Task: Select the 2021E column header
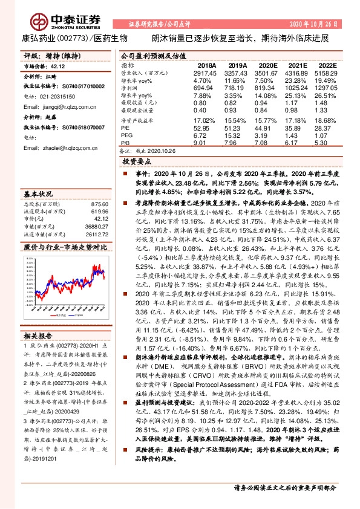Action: tap(298, 65)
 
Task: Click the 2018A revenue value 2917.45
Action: tap(204, 72)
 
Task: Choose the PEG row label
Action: tap(127, 135)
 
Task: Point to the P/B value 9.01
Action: tap(200, 143)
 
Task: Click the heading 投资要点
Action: tap(135, 163)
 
